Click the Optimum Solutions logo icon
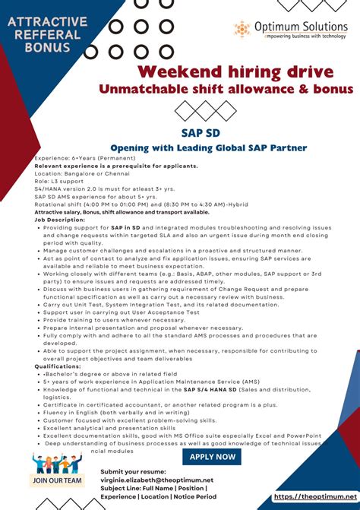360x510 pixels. (x=242, y=30)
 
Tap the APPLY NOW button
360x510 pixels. (x=212, y=456)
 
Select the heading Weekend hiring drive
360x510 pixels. (x=235, y=71)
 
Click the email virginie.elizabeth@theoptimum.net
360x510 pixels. (x=156, y=480)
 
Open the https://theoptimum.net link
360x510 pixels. (x=314, y=496)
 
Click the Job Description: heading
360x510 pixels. (x=58, y=220)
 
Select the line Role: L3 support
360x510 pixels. (x=60, y=181)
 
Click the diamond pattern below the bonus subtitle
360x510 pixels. (x=195, y=111)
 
